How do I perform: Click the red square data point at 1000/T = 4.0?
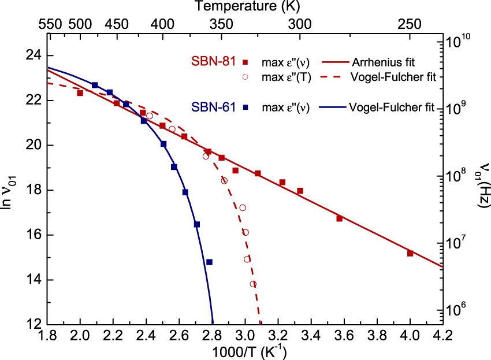coord(410,253)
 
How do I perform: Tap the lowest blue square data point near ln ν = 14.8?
coord(209,262)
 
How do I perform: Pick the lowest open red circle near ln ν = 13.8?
coord(253,284)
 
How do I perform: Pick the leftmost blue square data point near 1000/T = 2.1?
coord(95,85)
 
